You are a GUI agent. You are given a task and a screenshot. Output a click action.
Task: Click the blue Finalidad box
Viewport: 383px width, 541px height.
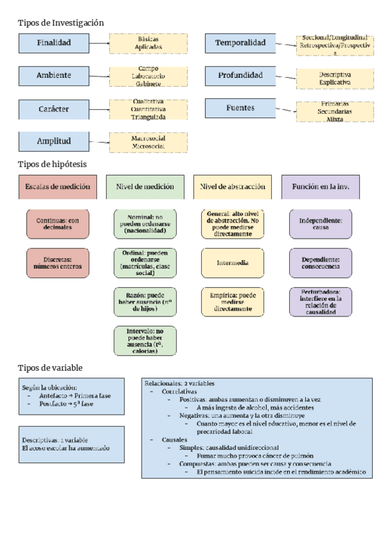click(x=54, y=43)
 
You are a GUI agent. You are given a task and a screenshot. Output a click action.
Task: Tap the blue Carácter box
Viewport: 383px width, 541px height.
click(x=54, y=108)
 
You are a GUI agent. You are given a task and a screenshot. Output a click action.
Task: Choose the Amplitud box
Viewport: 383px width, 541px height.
click(x=54, y=141)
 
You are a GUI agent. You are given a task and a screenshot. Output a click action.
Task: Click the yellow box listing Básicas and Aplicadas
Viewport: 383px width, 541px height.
click(x=149, y=43)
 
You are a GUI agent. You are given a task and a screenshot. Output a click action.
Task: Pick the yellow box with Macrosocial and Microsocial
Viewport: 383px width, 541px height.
click(x=148, y=142)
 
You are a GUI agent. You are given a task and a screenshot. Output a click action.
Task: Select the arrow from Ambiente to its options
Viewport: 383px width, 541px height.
click(x=99, y=76)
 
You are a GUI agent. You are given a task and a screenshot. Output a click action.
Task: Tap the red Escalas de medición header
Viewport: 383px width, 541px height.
click(x=57, y=187)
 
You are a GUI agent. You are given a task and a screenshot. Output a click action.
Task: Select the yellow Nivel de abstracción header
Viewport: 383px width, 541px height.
click(x=232, y=187)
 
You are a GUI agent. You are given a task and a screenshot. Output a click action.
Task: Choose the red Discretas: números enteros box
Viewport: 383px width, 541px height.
click(x=57, y=262)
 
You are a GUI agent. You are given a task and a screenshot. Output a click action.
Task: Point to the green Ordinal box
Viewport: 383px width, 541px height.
click(x=145, y=262)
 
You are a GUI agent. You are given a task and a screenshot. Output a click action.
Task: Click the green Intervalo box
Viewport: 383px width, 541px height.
click(x=145, y=341)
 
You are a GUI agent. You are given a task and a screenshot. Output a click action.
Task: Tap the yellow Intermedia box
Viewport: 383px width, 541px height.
click(x=232, y=262)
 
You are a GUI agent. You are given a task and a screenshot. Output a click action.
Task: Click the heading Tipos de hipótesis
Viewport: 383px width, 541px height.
click(x=52, y=164)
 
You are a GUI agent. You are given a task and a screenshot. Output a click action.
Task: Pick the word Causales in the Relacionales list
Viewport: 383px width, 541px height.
click(x=174, y=440)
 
